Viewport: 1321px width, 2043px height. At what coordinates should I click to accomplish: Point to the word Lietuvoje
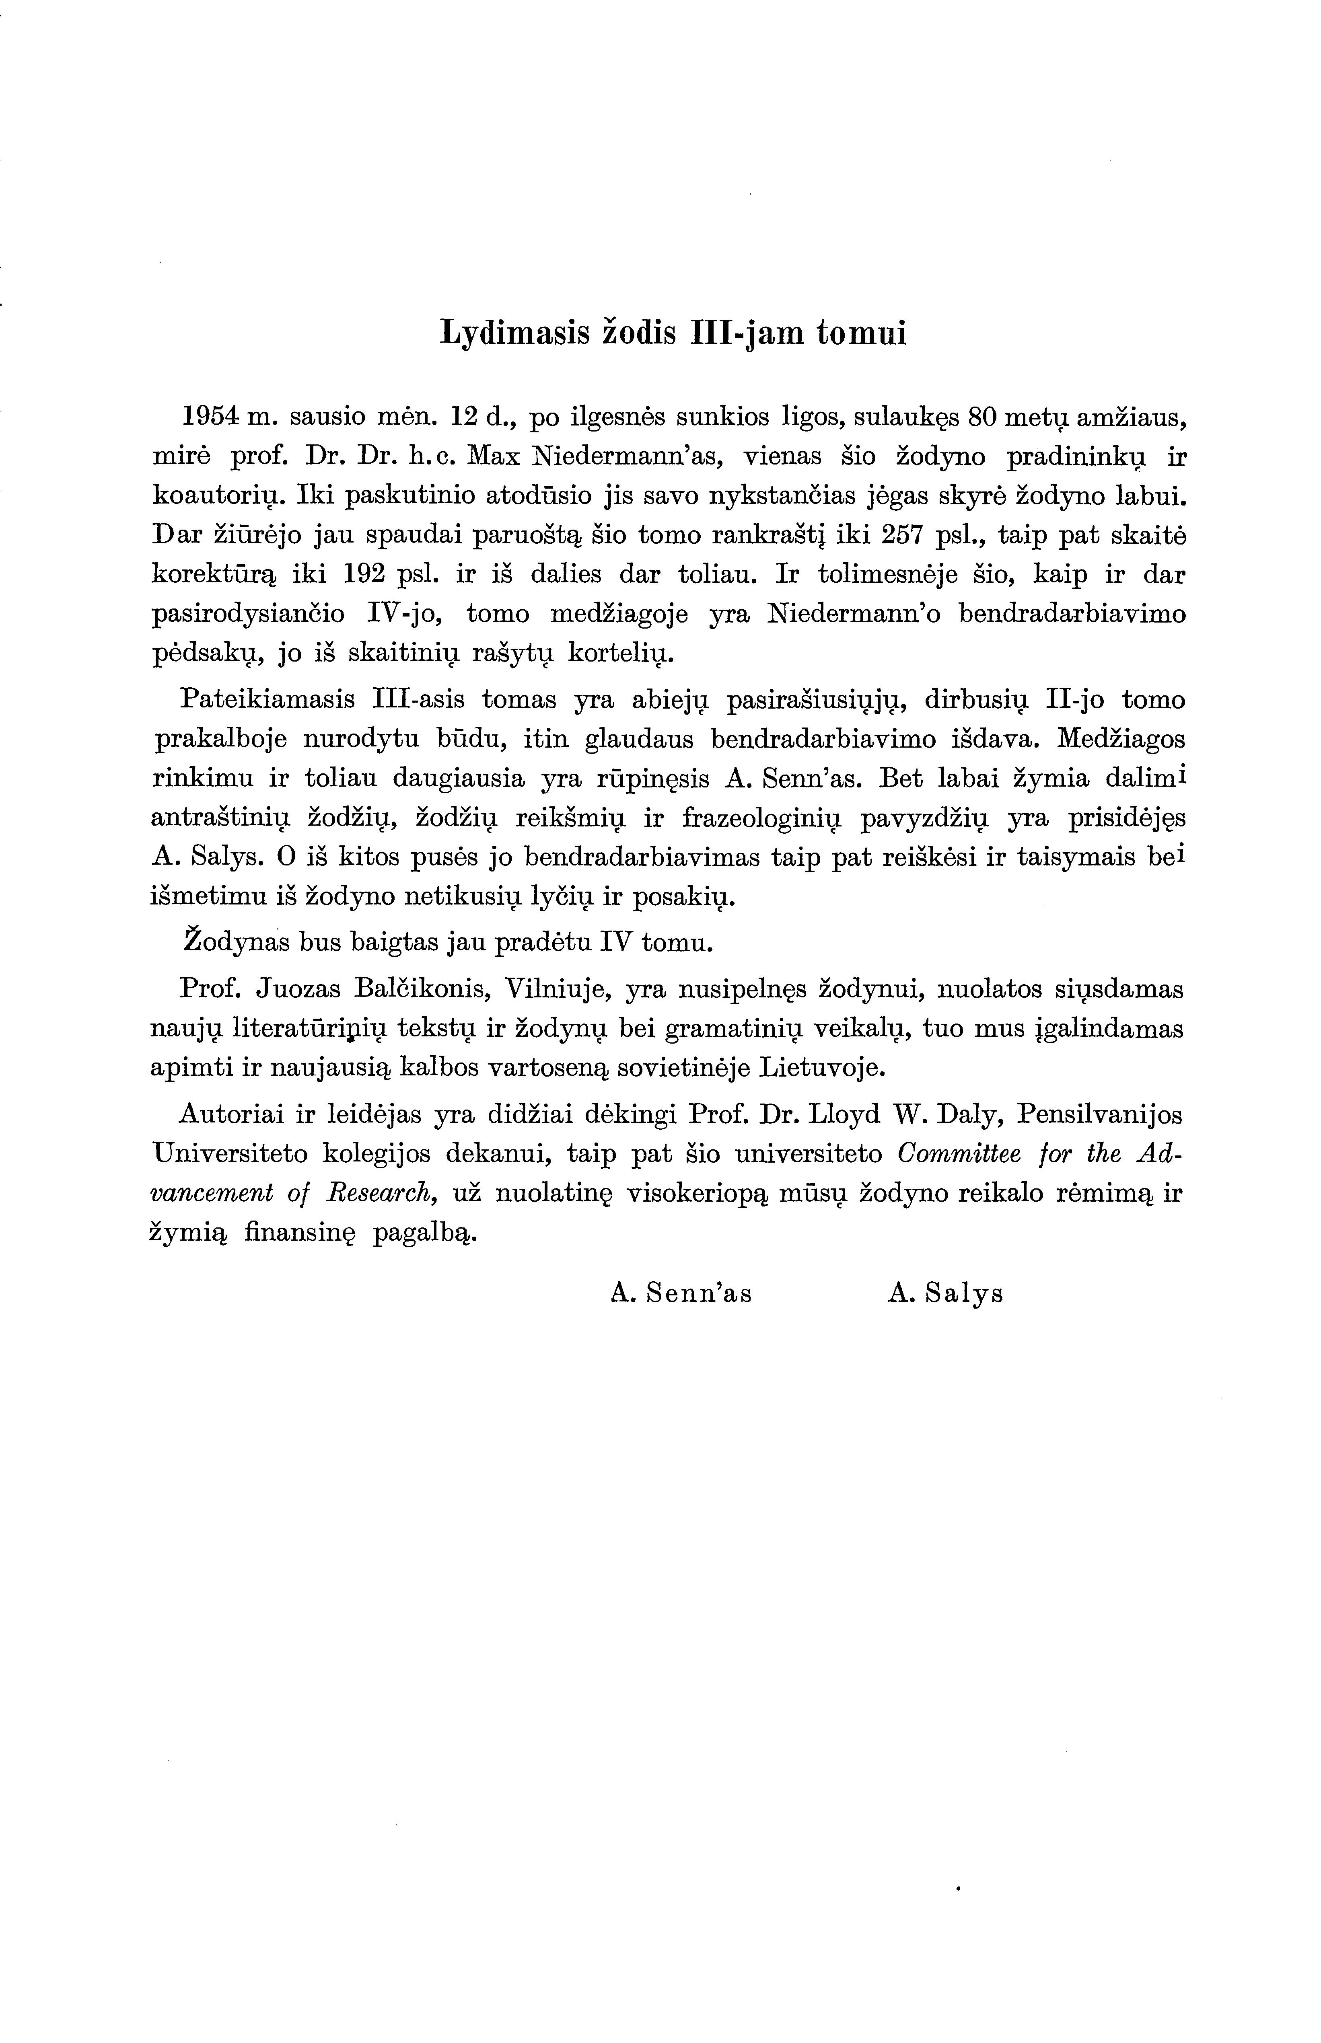point(823,1068)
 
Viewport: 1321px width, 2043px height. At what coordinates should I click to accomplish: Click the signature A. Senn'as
point(682,1293)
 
